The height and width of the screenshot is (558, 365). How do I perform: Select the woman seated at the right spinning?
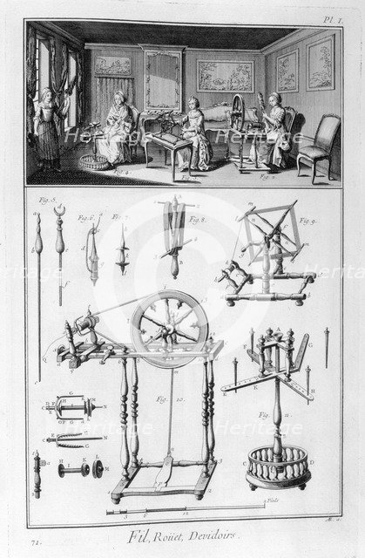(277, 131)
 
